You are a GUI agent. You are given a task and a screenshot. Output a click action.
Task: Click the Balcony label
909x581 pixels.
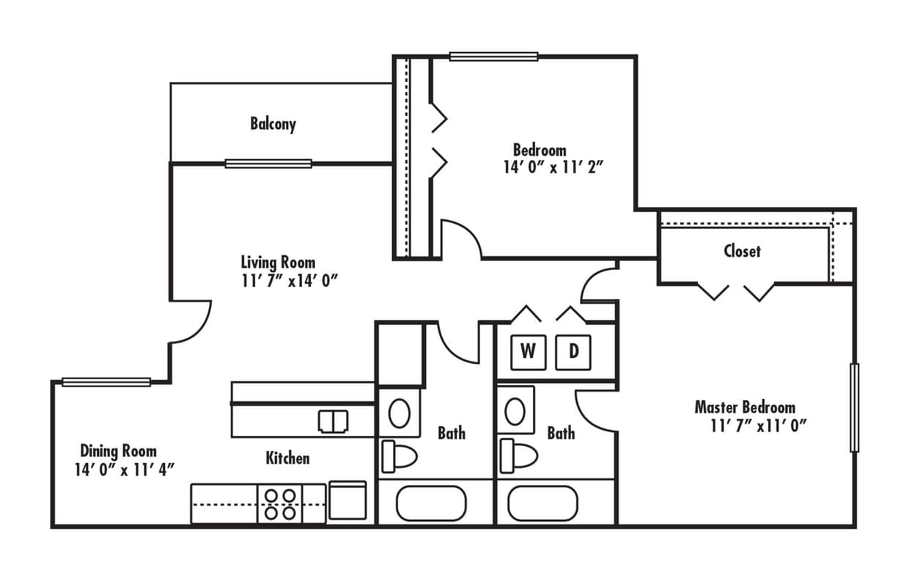pyautogui.click(x=273, y=123)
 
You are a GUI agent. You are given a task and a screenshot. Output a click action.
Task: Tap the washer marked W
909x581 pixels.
pyautogui.click(x=528, y=351)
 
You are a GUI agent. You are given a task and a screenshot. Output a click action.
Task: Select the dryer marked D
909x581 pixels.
pyautogui.click(x=573, y=351)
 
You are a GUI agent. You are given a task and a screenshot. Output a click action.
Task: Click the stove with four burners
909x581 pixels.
pyautogui.click(x=279, y=504)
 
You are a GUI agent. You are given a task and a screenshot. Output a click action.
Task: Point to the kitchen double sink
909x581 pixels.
pyautogui.click(x=334, y=421)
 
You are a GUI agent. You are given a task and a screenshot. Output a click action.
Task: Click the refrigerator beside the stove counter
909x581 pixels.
pyautogui.click(x=348, y=501)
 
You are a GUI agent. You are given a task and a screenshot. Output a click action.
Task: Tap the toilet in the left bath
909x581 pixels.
pyautogui.click(x=398, y=456)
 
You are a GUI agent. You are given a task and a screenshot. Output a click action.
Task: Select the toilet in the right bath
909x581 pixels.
pyautogui.click(x=517, y=456)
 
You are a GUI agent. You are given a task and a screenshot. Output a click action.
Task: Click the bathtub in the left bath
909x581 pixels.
pyautogui.click(x=431, y=503)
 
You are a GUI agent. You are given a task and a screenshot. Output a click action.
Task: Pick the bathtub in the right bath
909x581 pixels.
pyautogui.click(x=542, y=503)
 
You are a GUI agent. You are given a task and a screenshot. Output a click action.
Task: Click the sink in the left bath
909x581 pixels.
pyautogui.click(x=399, y=413)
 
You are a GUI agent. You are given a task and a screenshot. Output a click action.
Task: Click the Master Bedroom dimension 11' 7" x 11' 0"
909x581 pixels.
pyautogui.click(x=758, y=426)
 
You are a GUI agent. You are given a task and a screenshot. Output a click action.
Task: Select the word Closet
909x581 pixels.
pyautogui.click(x=742, y=251)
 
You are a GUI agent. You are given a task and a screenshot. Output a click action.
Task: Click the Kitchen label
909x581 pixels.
pyautogui.click(x=287, y=458)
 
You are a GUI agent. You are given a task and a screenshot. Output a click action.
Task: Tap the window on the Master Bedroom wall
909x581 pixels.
pyautogui.click(x=854, y=407)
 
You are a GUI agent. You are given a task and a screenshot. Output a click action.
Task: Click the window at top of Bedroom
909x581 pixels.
pyautogui.click(x=493, y=56)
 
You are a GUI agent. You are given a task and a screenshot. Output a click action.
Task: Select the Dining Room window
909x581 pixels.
pyautogui.click(x=106, y=381)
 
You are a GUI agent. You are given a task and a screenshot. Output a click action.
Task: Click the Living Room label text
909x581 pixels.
pyautogui.click(x=278, y=262)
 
